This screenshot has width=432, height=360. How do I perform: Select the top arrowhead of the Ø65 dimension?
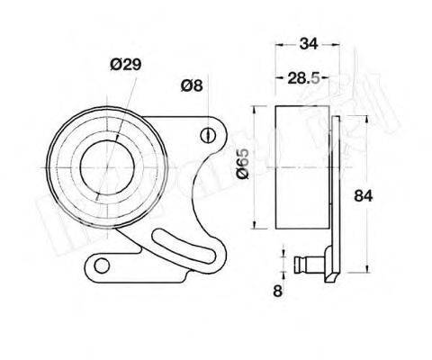(258, 107)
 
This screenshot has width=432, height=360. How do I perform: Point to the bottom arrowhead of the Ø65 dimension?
(258, 229)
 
